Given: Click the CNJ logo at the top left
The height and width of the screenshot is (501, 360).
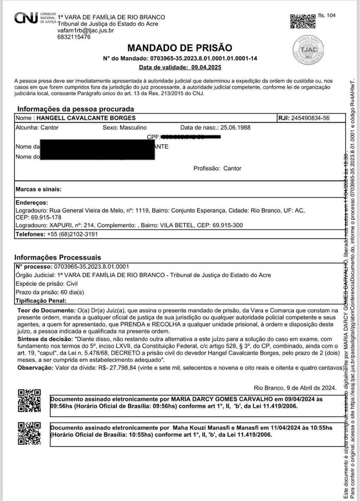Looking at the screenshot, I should click(x=26, y=18).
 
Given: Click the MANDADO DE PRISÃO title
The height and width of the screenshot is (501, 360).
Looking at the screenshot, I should click(x=180, y=48).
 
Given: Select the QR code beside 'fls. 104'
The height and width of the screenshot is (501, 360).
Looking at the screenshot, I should click(x=303, y=21).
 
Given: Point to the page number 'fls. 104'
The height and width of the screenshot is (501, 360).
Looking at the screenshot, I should click(x=327, y=15).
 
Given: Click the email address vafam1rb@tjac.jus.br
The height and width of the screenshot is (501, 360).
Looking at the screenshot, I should click(x=86, y=30).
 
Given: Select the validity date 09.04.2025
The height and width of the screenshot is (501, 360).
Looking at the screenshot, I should click(x=206, y=67).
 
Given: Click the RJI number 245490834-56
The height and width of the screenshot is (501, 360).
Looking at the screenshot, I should click(x=310, y=118).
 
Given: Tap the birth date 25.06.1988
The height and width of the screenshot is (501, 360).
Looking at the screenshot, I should click(x=235, y=128).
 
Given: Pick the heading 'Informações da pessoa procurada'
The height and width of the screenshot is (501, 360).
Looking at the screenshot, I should click(x=76, y=109).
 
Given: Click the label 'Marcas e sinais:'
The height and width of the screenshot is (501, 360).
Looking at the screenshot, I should click(x=39, y=189).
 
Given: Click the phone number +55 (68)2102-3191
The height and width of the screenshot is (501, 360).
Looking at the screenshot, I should click(x=72, y=234).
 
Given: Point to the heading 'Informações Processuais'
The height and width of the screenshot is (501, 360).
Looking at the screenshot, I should click(x=58, y=257).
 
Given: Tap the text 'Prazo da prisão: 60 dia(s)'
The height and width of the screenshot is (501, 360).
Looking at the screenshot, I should click(x=50, y=292).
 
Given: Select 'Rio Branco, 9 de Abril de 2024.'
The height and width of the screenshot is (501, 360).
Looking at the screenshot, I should click(x=295, y=388).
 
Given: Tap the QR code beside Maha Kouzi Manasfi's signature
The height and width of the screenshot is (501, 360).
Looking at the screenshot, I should click(x=29, y=433).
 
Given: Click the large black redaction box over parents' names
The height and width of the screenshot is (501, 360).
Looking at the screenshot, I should click(x=97, y=150).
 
